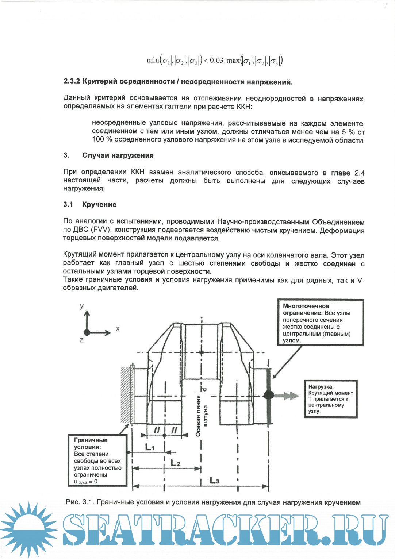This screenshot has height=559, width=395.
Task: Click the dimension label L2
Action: pos(176,463)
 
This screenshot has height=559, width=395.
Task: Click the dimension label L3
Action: pos(215,481)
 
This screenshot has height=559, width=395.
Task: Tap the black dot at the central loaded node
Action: pos(269,394)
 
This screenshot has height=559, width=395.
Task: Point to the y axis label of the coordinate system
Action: pos(82,306)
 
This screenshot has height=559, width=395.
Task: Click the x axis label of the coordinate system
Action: pos(118,329)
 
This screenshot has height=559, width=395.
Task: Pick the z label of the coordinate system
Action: pos(81,340)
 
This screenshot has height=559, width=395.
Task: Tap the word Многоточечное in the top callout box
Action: pos(306,306)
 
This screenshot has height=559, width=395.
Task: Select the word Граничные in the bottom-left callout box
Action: pos(91,440)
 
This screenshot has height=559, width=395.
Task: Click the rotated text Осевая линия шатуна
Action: pos(202,416)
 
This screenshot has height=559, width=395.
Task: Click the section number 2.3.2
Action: pos(72,81)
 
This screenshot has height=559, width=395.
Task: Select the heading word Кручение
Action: pos(99,205)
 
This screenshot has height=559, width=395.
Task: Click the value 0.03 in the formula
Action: pos(216,61)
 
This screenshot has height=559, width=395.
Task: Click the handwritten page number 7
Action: pos(385,5)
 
